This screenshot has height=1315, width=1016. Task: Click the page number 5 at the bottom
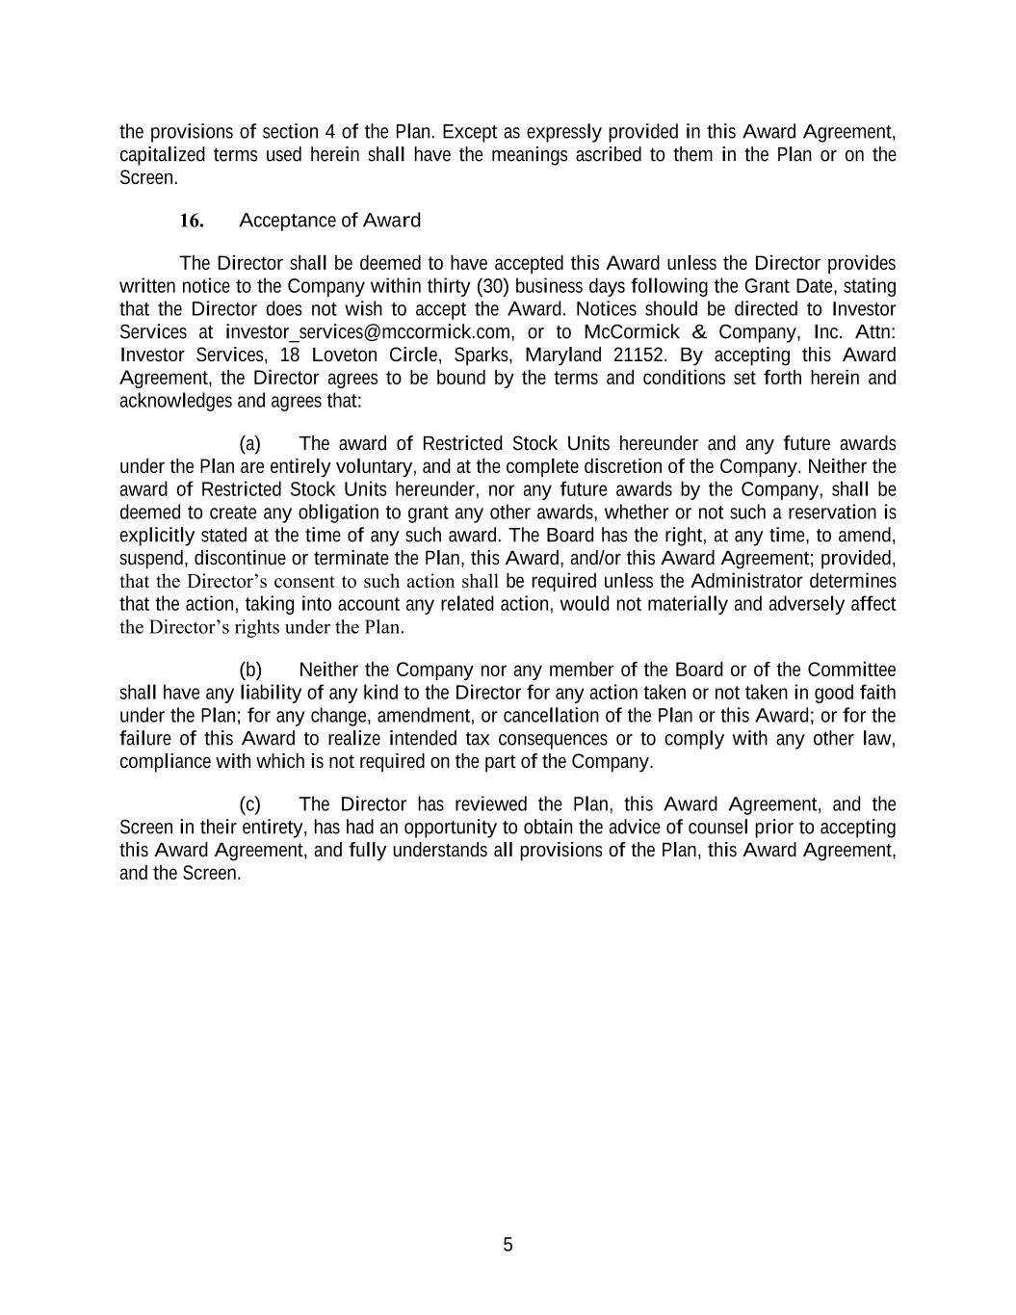[x=508, y=1245]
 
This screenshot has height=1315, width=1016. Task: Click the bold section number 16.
[x=192, y=221]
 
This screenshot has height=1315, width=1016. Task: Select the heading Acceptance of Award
[x=329, y=221]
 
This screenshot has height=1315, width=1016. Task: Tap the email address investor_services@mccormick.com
[x=368, y=332]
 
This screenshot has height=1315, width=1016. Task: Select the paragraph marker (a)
[x=250, y=444]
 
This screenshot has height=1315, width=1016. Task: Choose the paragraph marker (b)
[x=250, y=671]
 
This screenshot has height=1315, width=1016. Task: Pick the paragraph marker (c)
[x=250, y=804]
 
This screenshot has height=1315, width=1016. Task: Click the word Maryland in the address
[x=563, y=355]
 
